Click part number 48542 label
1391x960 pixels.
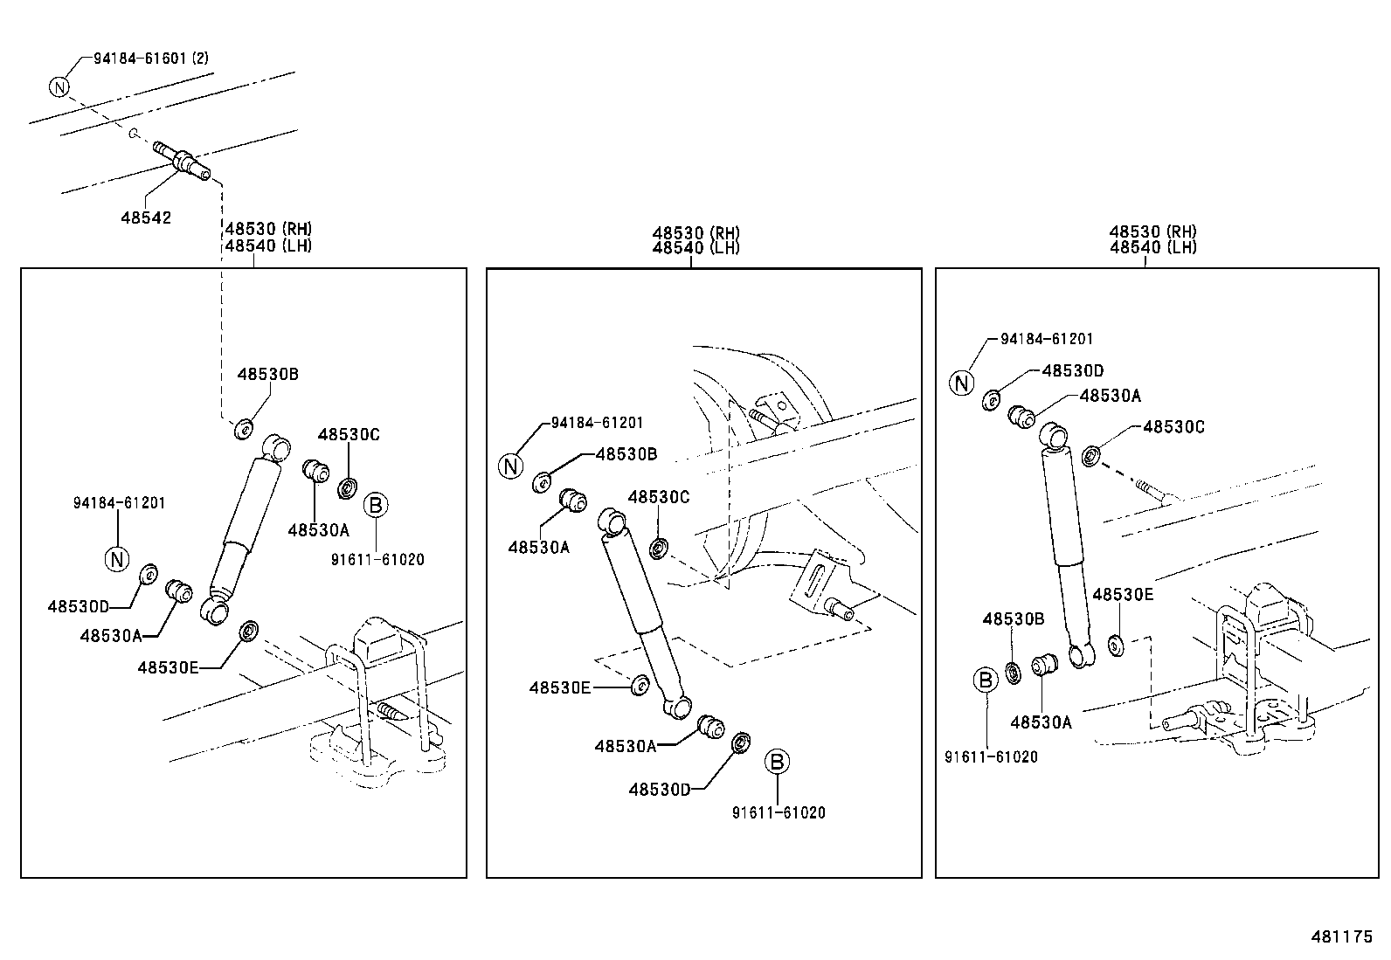(146, 218)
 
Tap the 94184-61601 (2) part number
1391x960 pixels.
(150, 59)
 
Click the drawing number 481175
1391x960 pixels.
(1341, 936)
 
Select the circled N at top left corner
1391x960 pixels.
(59, 86)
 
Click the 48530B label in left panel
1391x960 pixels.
(267, 374)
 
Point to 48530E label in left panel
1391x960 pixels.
(168, 667)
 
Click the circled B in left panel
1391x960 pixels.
(376, 504)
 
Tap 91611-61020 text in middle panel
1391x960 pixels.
(779, 812)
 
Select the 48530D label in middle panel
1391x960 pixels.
(659, 790)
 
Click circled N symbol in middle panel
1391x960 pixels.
(511, 466)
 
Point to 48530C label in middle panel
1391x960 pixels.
(659, 497)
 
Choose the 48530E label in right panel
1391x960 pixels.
(1123, 595)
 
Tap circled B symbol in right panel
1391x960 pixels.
(985, 679)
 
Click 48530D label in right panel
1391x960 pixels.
(1072, 370)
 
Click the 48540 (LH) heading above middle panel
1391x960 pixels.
(695, 248)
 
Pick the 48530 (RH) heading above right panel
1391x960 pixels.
(1152, 232)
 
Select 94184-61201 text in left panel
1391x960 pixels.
(119, 503)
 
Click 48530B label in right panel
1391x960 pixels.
(1013, 618)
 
